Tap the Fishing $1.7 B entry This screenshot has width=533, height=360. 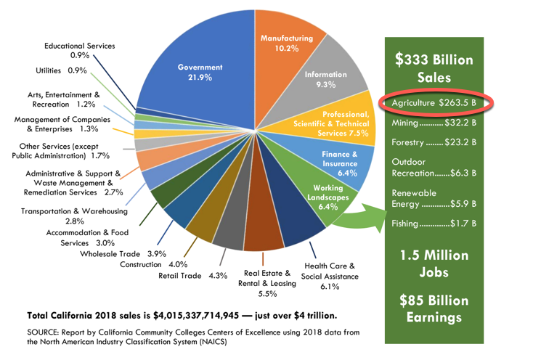434,224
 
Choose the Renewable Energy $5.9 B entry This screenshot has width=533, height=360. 434,198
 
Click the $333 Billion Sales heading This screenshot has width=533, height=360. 434,68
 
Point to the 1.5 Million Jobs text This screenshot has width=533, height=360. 434,264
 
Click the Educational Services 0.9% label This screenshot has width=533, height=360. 80,50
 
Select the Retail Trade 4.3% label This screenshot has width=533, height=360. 192,276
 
